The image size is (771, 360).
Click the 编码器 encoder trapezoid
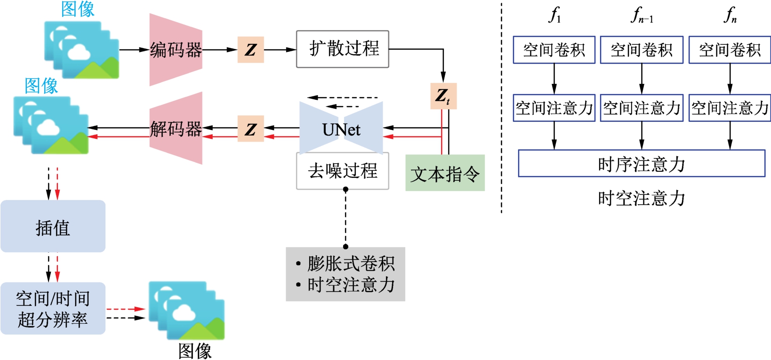pyautogui.click(x=176, y=49)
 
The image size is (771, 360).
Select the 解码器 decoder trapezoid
pyautogui.click(x=176, y=128)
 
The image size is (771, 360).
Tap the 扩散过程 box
pyautogui.click(x=343, y=49)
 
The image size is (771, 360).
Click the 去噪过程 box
pyautogui.click(x=343, y=171)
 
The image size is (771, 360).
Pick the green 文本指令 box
pyautogui.click(x=445, y=174)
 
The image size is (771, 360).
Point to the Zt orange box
pyautogui.click(x=443, y=96)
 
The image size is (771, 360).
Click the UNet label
pyautogui.click(x=341, y=129)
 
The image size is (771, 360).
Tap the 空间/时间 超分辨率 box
pyautogui.click(x=53, y=309)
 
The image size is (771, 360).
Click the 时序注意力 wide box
pyautogui.click(x=641, y=164)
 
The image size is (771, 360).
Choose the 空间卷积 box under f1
pyautogui.click(x=554, y=49)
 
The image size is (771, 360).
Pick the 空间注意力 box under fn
pyautogui.click(x=730, y=108)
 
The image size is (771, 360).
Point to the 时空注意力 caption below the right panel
pyautogui.click(x=641, y=198)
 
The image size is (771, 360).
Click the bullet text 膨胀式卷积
pyautogui.click(x=351, y=264)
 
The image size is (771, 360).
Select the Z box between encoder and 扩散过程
pyautogui.click(x=250, y=49)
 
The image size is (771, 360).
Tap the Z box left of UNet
pyautogui.click(x=250, y=129)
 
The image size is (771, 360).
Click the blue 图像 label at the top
pyautogui.click(x=78, y=9)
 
